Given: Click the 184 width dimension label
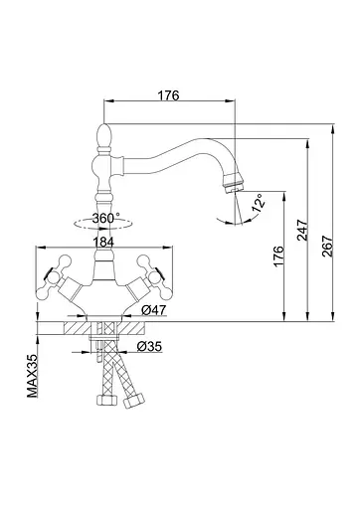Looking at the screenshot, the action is click(x=103, y=243).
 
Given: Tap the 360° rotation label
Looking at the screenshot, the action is click(x=106, y=218).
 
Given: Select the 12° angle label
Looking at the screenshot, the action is click(x=259, y=202).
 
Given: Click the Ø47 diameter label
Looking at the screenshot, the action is click(x=153, y=310).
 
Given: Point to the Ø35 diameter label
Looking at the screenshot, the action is click(x=149, y=347).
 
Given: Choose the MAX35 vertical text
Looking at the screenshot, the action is click(x=33, y=376).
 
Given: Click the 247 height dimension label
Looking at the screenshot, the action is click(x=302, y=230).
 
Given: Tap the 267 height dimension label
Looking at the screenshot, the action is click(x=327, y=246).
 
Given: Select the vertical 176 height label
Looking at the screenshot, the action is click(x=277, y=255).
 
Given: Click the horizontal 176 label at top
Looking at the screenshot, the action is click(x=168, y=95).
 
